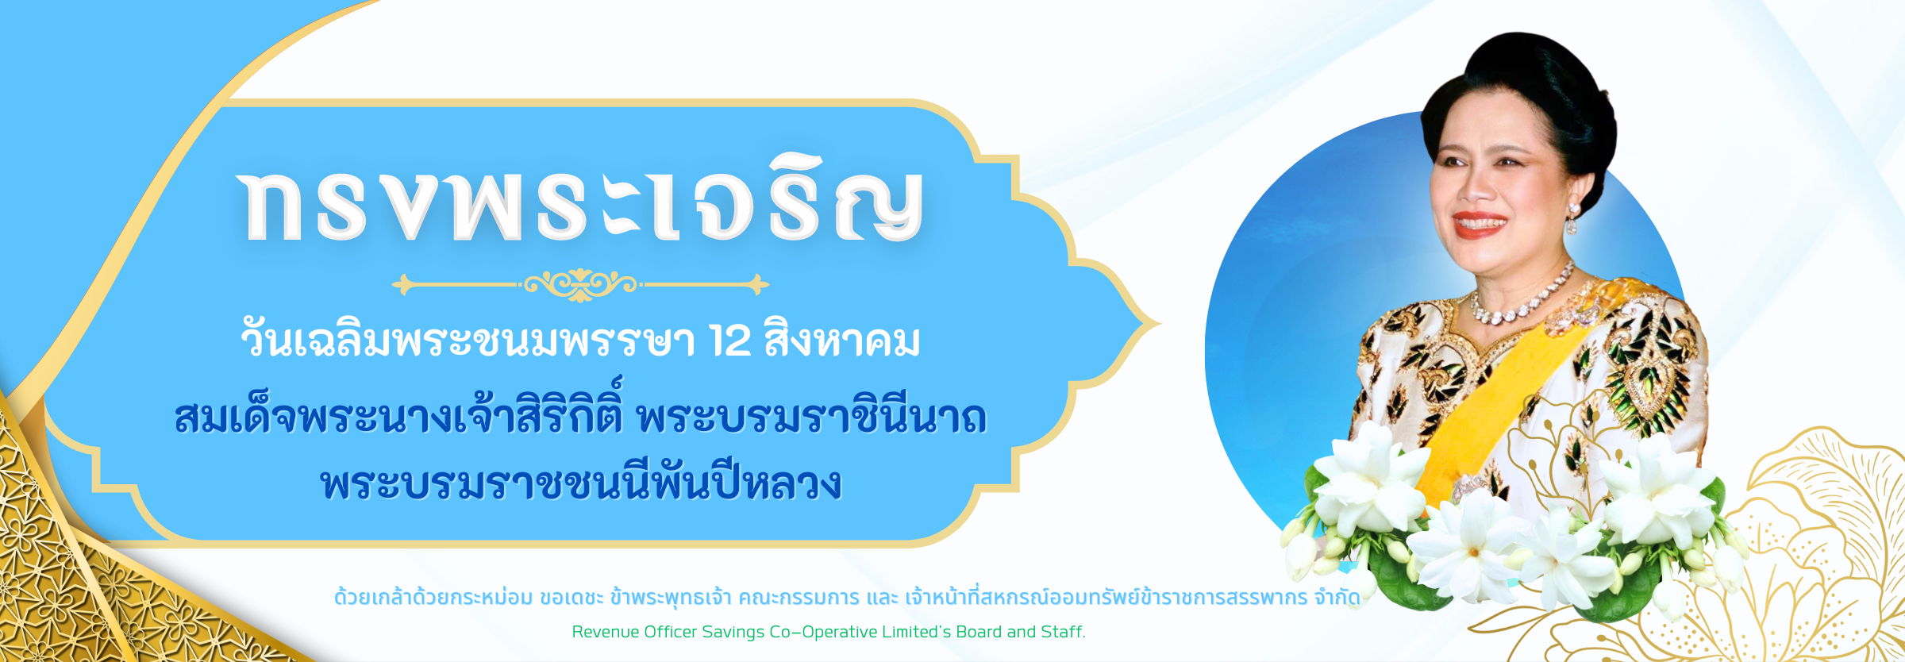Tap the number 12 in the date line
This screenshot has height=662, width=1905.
point(730,341)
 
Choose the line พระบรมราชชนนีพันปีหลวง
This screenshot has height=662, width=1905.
point(581,481)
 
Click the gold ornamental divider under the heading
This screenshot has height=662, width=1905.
point(580,284)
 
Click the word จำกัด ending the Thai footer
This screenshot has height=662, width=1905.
point(1337,597)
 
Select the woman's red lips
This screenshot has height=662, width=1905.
point(1478,223)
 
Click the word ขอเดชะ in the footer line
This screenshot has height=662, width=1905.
point(571,597)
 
